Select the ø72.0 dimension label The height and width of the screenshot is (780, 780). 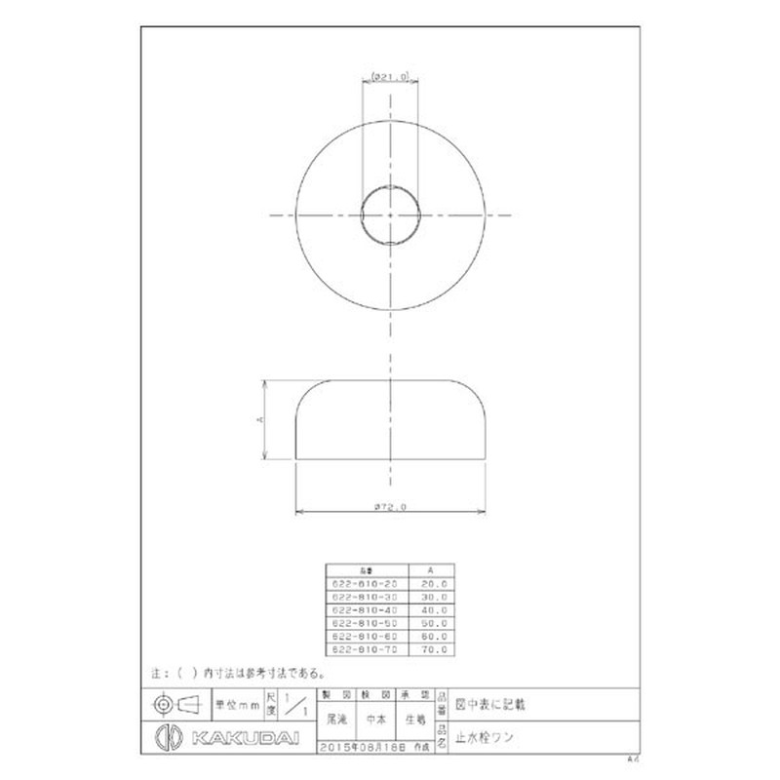point(389,506)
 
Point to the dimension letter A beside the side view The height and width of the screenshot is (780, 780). point(258,419)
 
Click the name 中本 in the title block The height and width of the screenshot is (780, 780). point(375,722)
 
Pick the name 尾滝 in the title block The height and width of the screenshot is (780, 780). point(337,722)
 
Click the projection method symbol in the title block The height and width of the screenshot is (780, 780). point(175,703)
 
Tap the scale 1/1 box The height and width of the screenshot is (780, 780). point(301,703)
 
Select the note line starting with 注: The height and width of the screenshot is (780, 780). point(239,673)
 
